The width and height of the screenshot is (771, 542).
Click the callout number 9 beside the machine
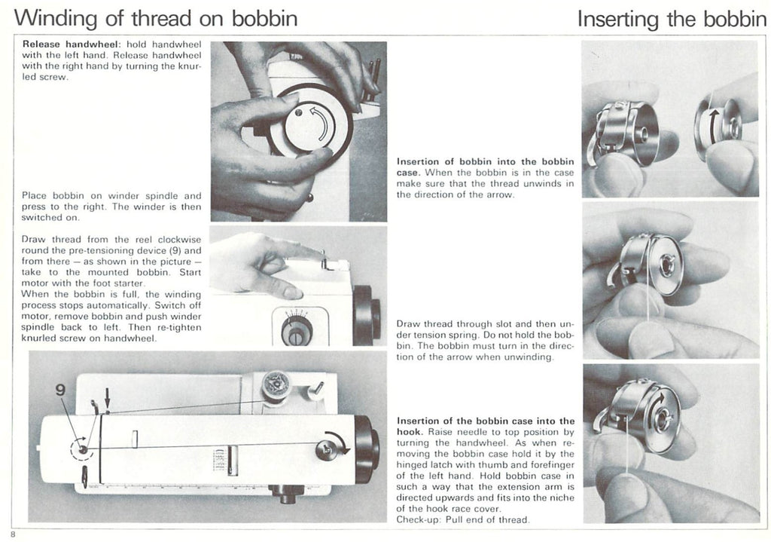(x=61, y=390)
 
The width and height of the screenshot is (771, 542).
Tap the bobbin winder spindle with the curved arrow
(x=331, y=448)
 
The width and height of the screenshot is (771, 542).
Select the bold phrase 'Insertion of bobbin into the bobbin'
(x=485, y=161)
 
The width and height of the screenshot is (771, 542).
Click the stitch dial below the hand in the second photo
(x=296, y=329)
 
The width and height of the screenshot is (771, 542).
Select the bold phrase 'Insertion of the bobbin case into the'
(x=485, y=421)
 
